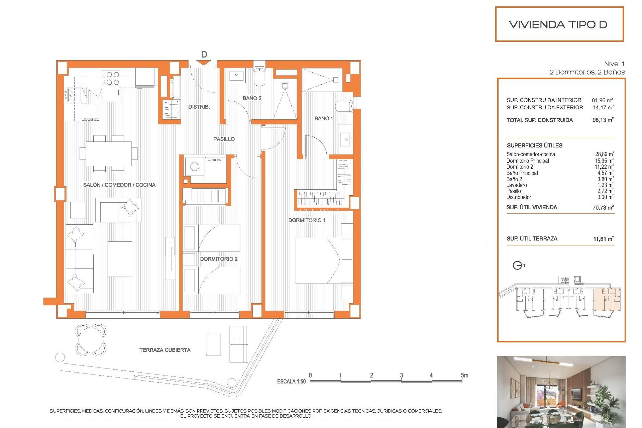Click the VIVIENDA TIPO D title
click(558, 24)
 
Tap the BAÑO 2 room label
click(252, 98)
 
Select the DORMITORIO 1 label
click(307, 220)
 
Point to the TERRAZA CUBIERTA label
click(165, 350)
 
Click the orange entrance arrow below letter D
click(204, 63)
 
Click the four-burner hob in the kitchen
click(111, 78)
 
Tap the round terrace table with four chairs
click(91, 339)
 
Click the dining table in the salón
click(109, 153)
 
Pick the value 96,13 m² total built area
click(603, 120)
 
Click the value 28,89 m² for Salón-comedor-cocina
click(604, 154)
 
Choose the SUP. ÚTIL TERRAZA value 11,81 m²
click(603, 239)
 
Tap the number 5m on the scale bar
click(464, 375)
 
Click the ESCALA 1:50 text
click(291, 381)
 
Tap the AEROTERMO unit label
click(214, 160)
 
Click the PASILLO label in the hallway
click(224, 139)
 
